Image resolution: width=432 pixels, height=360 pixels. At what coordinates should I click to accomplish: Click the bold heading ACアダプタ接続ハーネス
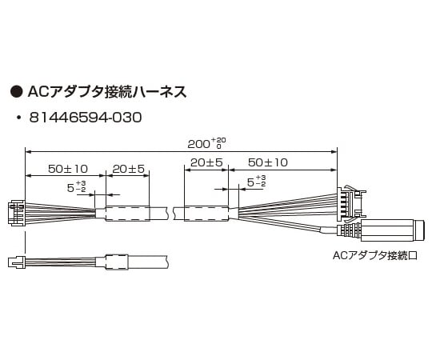coord(107,91)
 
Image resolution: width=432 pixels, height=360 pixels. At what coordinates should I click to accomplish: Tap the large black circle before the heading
coord(14,91)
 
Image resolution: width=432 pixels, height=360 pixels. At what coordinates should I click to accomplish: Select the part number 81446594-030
coord(85,118)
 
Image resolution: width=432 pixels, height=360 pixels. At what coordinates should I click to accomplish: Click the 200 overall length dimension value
coord(202,145)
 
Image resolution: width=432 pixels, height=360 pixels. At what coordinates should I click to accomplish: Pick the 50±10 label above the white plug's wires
coord(67,170)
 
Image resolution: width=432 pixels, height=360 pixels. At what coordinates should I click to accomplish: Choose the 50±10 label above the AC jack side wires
coord(268,162)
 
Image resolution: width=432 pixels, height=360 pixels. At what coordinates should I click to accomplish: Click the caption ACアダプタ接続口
coord(375,256)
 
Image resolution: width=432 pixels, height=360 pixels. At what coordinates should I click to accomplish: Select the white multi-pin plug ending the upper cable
coord(16,212)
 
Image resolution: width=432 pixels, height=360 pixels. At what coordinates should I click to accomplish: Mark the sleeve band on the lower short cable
coord(116,261)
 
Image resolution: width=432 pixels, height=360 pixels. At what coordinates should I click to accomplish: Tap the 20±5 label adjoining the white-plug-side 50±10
coord(128,170)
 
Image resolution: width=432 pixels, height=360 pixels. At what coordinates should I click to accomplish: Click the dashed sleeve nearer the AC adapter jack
coord(206,214)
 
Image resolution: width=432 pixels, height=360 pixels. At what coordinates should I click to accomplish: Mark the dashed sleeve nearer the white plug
coord(128,214)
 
